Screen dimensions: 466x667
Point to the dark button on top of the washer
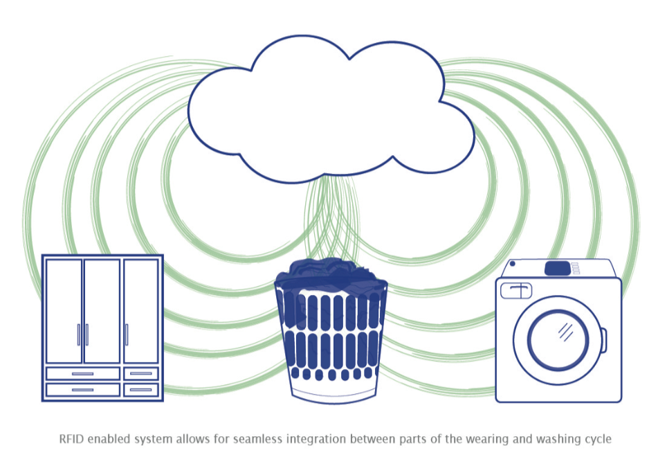558,268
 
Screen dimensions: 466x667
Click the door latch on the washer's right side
603,339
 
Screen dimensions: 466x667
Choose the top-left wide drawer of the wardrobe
82,373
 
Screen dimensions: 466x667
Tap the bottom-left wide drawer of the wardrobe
82,389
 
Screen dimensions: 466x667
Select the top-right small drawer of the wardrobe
141,373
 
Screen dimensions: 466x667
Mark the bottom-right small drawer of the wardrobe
141,389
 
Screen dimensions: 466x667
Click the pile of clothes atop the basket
331,274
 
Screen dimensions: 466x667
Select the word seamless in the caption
257,439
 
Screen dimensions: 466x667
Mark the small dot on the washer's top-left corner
513,264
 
